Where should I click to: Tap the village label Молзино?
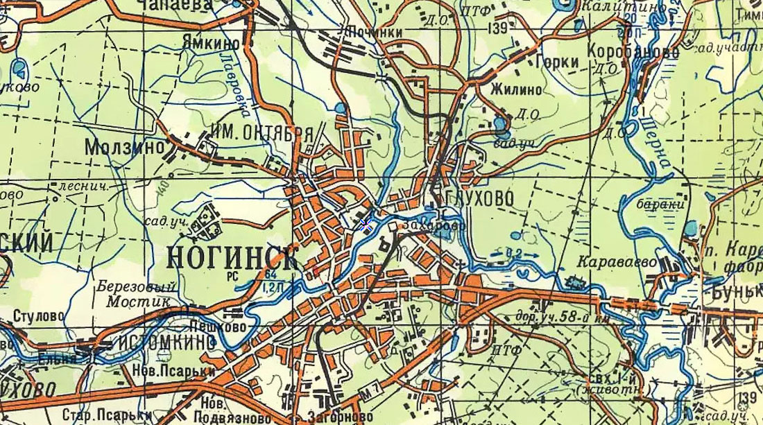coord(125,148)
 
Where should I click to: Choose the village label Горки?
coord(557,62)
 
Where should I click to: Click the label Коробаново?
coord(632,52)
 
